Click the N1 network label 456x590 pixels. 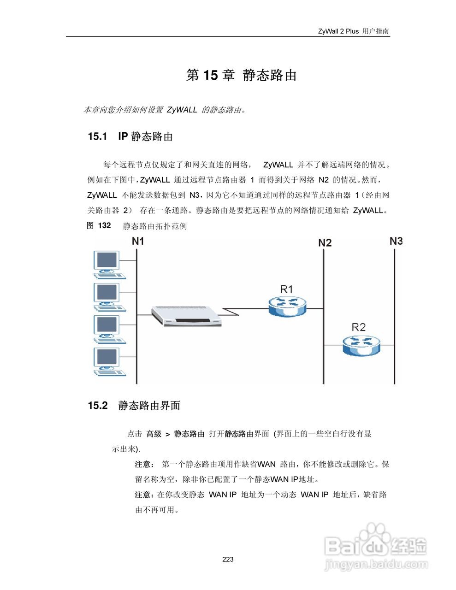coord(138,241)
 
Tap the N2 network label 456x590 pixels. coord(325,242)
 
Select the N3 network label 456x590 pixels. coord(396,241)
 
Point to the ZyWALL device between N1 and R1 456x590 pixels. coord(187,316)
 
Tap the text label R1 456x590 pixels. coord(286,289)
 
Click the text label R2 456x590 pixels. coord(358,327)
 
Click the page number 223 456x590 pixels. coord(228,559)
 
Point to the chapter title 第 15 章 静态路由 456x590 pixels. coord(241,75)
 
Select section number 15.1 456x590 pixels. coord(97,136)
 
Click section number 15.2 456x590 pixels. coord(97,406)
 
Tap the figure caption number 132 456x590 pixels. coord(105,225)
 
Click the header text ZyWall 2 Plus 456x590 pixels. coord(338,31)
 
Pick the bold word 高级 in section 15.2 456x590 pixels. coord(154,434)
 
